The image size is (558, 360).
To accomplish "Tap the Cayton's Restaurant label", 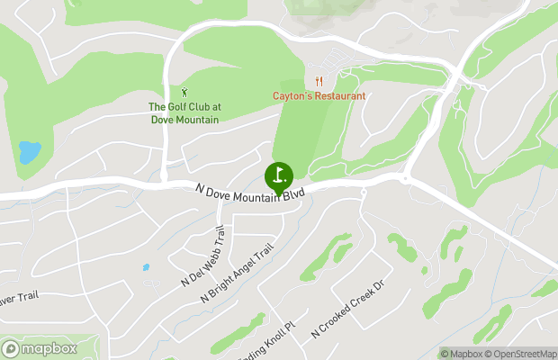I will (x=319, y=95).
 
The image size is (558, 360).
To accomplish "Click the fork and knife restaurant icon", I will (x=319, y=81).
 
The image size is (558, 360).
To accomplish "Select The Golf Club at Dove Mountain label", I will (x=184, y=112).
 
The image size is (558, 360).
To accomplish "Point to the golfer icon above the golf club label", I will (x=184, y=92).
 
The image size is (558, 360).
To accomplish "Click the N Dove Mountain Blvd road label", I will (x=250, y=190).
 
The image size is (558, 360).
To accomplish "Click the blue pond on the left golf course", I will (x=29, y=152).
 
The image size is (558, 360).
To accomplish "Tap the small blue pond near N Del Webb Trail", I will (x=145, y=267).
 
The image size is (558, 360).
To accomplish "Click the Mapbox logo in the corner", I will (x=38, y=348).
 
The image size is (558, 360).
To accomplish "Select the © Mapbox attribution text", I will (x=463, y=354).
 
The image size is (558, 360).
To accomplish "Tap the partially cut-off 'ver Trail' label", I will (x=18, y=296).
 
